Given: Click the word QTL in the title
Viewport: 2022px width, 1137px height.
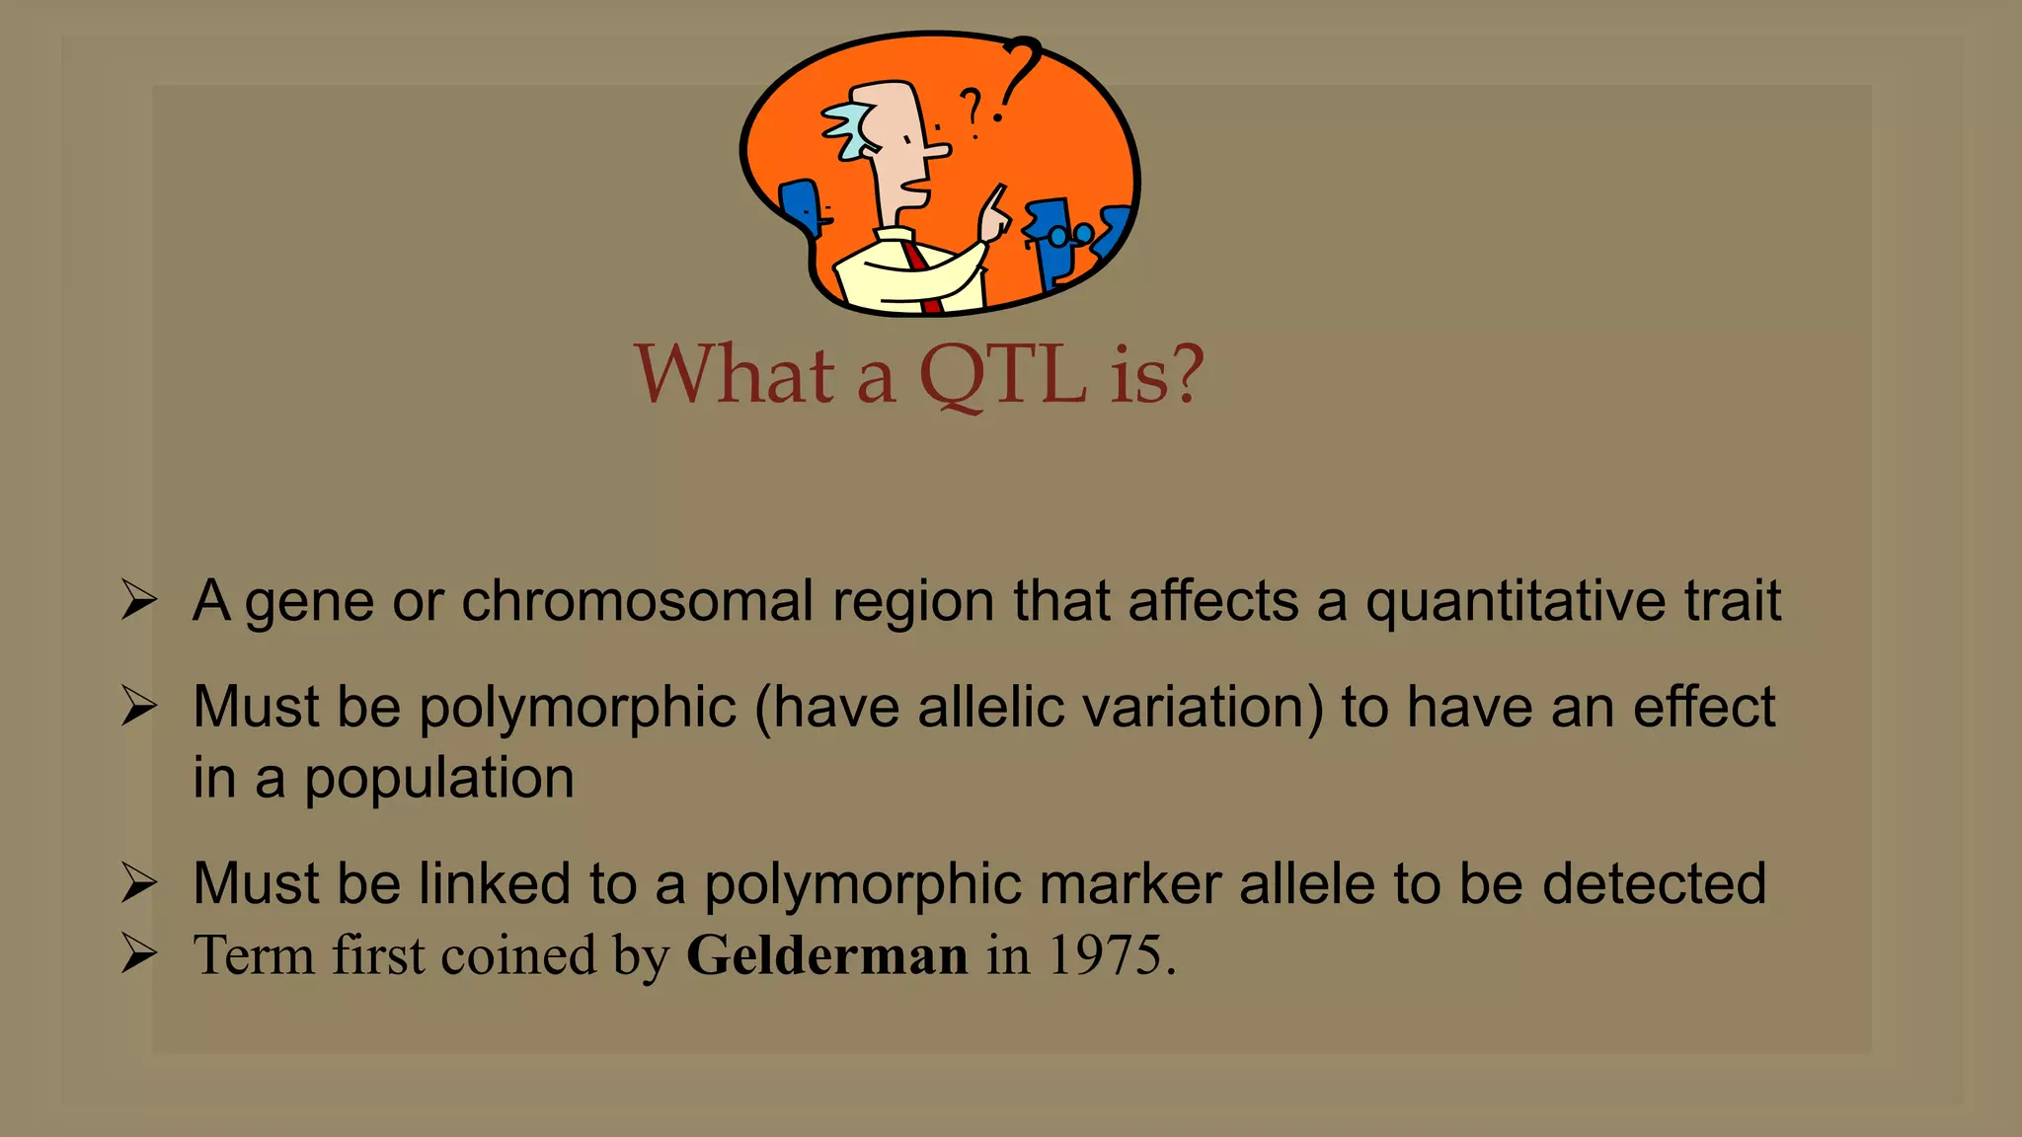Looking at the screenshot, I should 1002,375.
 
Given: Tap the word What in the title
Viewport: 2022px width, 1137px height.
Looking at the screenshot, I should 735,375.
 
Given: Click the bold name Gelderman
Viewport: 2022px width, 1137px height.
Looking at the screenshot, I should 826,955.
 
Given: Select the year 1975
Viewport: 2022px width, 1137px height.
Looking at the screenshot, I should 1105,955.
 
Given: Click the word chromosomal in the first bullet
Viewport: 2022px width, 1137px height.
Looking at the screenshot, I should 637,601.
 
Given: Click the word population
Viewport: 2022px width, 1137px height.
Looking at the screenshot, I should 438,778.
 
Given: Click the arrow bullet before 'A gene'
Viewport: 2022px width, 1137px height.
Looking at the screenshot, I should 139,600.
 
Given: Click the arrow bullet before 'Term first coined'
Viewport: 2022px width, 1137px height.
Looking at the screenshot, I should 139,954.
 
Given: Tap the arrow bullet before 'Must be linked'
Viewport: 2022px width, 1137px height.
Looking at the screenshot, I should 139,882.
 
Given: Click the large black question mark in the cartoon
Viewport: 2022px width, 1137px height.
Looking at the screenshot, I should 1019,74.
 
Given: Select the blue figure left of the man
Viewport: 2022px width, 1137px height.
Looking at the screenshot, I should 802,204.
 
